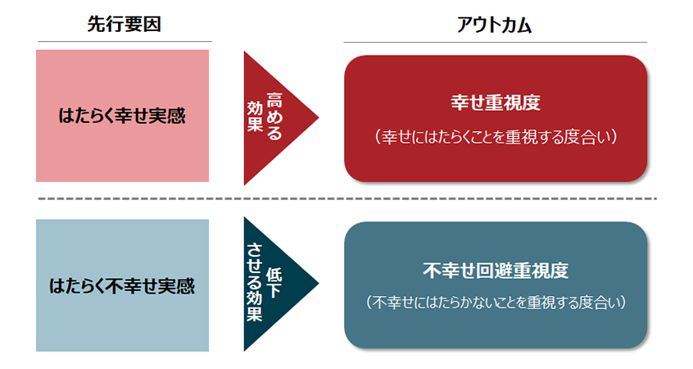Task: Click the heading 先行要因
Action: pos(124,24)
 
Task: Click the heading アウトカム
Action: pos(494,25)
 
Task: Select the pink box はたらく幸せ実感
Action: pos(122,116)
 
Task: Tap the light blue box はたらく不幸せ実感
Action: pos(122,285)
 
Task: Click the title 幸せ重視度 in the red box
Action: pos(496,102)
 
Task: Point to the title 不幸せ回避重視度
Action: pos(496,271)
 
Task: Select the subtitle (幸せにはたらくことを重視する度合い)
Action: pos(496,137)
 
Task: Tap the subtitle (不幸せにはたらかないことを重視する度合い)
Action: pos(496,303)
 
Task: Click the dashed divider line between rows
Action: pos(347,198)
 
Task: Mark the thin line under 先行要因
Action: pos(125,42)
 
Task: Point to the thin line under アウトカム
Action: pos(496,43)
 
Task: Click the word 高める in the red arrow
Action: pos(274,116)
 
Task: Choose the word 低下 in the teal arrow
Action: pos(274,283)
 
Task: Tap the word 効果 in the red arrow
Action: pos(255,116)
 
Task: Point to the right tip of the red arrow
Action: pos(319,118)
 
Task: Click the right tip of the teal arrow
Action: pos(319,284)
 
